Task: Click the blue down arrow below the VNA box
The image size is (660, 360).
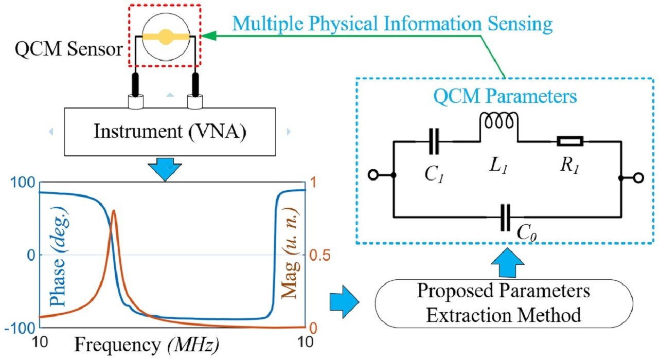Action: pyautogui.click(x=166, y=171)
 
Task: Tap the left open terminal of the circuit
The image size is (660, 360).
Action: pyautogui.click(x=373, y=177)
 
